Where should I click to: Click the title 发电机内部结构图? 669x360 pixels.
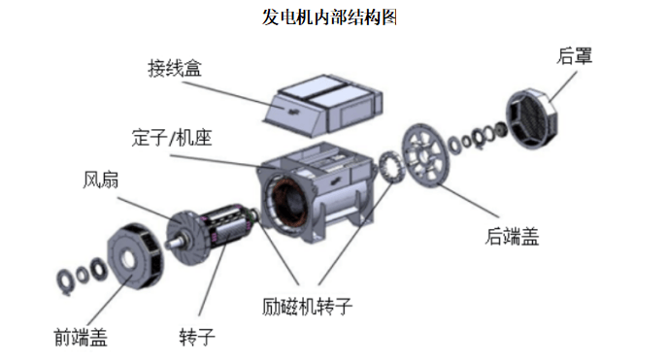329,17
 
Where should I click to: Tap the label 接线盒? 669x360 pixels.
175,69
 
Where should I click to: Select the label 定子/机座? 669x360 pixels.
172,138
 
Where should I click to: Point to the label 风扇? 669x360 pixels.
100,180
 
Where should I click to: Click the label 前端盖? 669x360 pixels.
81,338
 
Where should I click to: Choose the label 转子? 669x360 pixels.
197,338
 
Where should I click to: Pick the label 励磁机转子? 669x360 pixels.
307,307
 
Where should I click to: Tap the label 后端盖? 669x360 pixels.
512,237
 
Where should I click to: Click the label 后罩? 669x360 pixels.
574,56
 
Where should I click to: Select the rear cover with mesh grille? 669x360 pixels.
532,117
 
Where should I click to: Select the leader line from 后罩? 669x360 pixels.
562,86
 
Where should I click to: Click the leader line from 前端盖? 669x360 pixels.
106,301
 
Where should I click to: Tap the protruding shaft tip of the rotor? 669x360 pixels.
170,244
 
